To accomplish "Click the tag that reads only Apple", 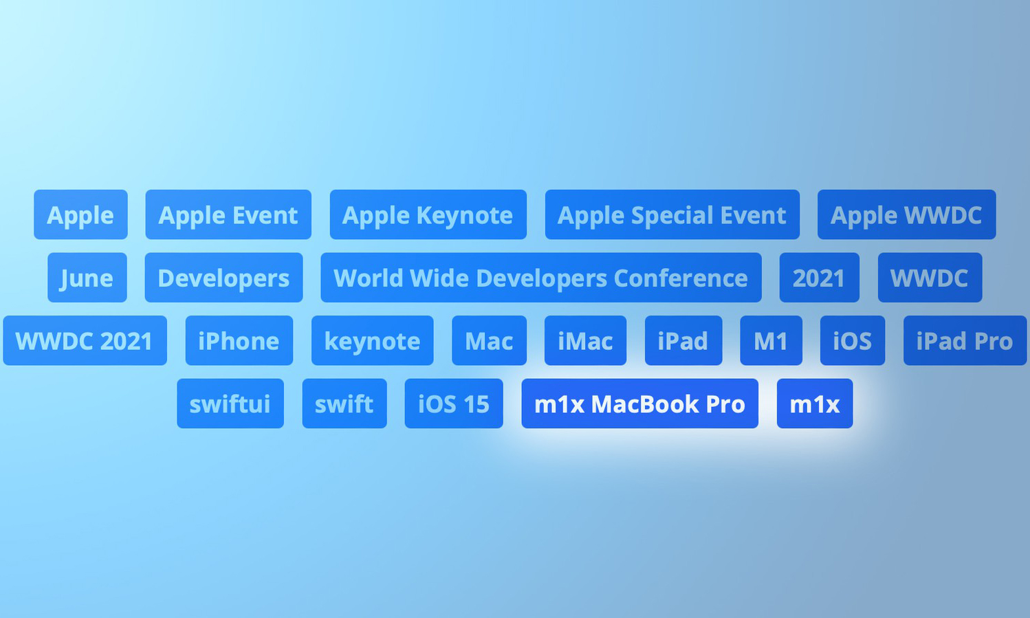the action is pos(80,214).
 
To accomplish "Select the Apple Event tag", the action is pos(228,214).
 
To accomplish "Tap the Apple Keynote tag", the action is pos(428,214).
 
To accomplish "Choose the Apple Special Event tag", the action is pos(672,214).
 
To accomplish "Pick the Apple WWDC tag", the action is pos(907,214).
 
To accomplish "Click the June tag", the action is pos(87,277).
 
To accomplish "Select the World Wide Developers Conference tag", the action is pos(540,277).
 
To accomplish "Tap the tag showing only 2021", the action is pos(819,277).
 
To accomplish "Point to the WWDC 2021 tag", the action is pos(85,340).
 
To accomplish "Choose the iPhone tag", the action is pos(239,340).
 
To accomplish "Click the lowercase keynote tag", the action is pos(373,340).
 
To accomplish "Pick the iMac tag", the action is pos(585,340).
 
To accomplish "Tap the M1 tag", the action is pos(771,340).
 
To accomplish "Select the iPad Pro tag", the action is pos(965,340).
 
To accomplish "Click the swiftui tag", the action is pos(230,404).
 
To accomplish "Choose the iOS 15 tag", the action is pos(454,404).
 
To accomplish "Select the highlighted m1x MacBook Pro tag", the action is pos(639,404).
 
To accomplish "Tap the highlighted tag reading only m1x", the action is pos(815,404).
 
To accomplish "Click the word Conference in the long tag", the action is pos(681,278).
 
